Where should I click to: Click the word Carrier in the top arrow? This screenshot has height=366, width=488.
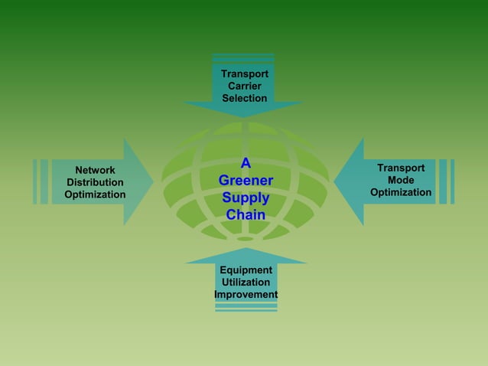pos(245,86)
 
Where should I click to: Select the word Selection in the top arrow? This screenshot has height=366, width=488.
pos(245,98)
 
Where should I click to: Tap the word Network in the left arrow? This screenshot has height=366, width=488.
pos(95,170)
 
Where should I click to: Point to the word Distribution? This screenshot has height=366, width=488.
pos(95,182)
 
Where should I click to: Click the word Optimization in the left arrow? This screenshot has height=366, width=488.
pos(95,194)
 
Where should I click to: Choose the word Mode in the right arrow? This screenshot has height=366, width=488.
pos(401,180)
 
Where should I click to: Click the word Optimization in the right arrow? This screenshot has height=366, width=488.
pos(401,192)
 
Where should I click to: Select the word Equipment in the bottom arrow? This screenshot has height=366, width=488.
pos(246,270)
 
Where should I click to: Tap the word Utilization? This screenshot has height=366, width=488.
pos(246,283)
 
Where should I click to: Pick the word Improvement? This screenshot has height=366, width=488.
pos(246,295)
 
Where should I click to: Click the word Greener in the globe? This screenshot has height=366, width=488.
pos(246,181)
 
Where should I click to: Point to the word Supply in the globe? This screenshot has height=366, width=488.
pos(246,198)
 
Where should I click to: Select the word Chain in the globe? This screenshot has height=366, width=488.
pos(246,215)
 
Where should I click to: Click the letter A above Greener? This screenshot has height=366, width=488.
pos(246,163)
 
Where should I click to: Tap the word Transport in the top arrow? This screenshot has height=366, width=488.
pos(245,74)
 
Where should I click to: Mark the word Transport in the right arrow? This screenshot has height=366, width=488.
pos(401,168)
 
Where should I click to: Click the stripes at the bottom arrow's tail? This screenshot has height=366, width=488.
pos(246,307)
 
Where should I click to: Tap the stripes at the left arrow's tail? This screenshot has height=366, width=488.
pos(41,181)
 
